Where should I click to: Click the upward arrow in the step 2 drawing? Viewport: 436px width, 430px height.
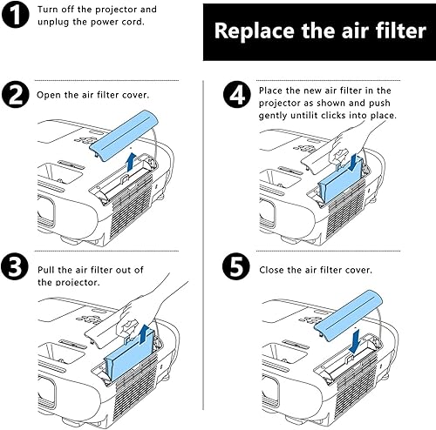pyautogui.click(x=130, y=161)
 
